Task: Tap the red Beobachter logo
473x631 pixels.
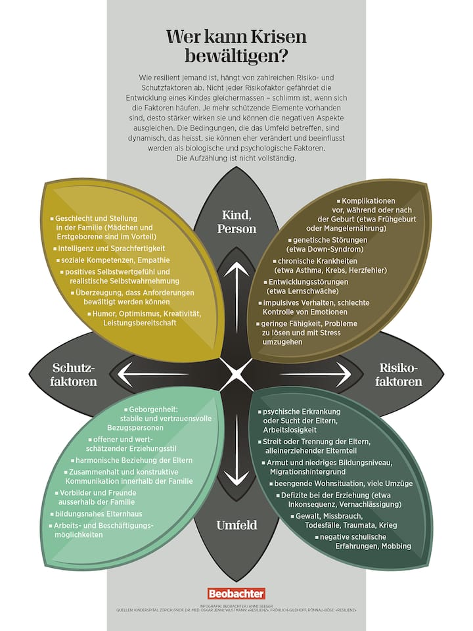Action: coord(236,593)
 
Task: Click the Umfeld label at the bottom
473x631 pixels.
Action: coord(236,525)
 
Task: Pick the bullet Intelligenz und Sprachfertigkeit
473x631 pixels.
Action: coord(110,249)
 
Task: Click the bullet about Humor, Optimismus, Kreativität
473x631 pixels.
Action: coord(146,314)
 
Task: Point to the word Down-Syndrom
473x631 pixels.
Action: coord(337,250)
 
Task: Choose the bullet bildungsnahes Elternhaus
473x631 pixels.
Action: coord(99,513)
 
